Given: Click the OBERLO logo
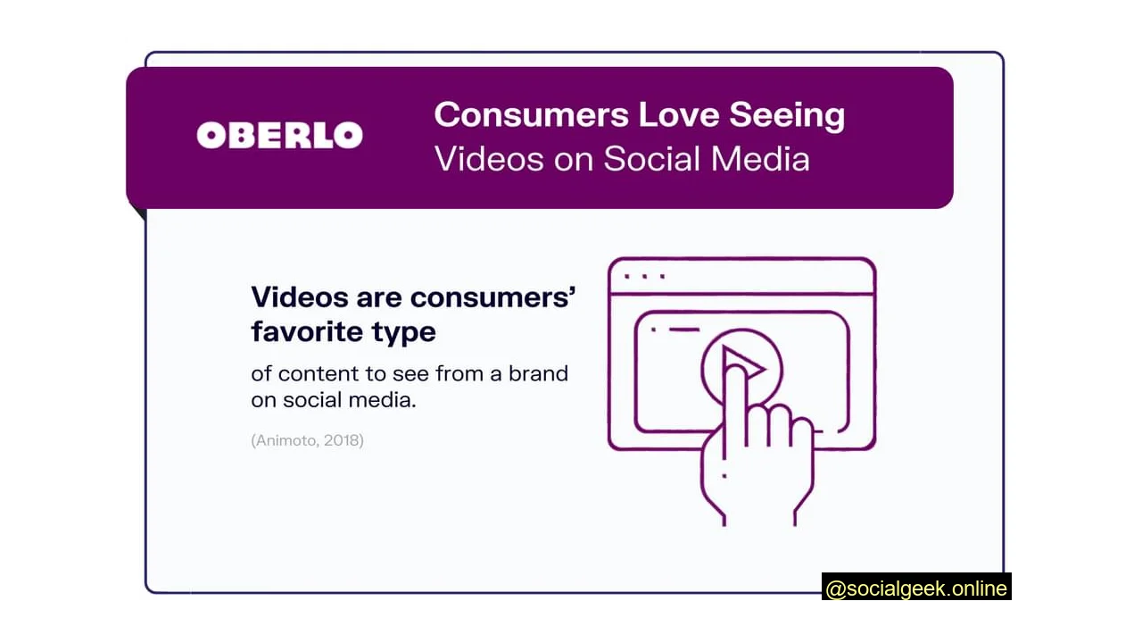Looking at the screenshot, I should point(279,136).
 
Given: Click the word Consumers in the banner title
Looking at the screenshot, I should point(531,115).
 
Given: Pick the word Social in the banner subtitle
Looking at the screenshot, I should point(651,159).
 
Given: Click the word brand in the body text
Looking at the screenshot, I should point(538,373).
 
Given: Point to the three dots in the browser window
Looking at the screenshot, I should point(644,277).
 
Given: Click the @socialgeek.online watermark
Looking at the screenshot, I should point(916,589).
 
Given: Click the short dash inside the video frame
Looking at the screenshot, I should point(683,330).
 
